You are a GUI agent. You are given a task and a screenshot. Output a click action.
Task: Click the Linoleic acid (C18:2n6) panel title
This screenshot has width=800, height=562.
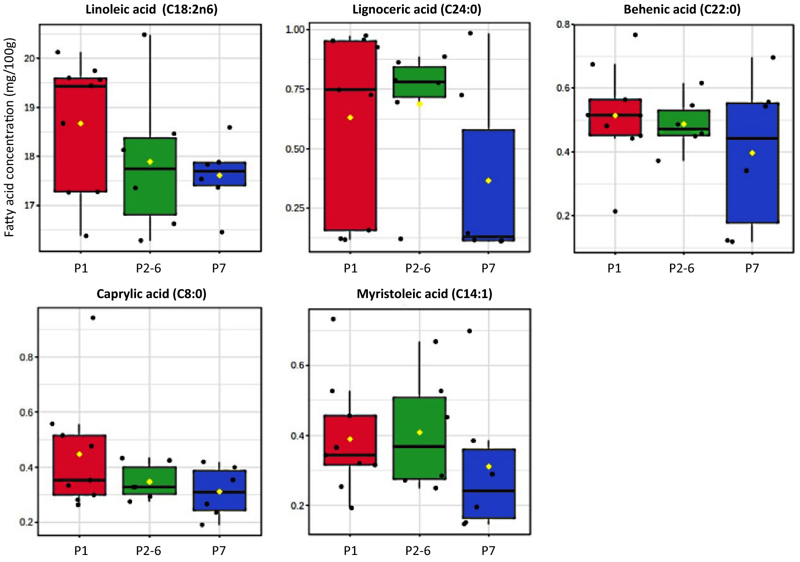152,10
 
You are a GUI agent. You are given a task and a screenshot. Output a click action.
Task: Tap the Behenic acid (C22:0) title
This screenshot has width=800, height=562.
682,10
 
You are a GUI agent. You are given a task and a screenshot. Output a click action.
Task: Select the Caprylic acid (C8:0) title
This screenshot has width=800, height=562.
151,294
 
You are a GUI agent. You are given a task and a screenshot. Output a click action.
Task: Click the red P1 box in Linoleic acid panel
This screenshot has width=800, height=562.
80,151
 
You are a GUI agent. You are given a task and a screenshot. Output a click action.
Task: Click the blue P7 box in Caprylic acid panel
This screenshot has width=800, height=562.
219,502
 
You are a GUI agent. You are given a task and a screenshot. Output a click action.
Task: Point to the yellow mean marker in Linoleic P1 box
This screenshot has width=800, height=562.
80,123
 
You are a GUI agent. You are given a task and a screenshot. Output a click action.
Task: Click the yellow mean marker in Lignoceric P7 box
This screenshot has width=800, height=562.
488,181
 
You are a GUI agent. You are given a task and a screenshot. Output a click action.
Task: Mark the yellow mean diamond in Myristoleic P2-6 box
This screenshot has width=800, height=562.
420,433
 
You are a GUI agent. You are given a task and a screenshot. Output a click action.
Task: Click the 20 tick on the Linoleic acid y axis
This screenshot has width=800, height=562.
30,58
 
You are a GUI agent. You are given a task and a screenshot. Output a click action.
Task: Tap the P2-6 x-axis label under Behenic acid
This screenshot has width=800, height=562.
681,268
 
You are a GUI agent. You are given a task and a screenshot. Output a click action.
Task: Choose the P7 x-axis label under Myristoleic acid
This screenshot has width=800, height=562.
488,551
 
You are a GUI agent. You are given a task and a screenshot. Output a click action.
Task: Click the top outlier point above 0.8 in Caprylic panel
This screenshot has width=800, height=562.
93,318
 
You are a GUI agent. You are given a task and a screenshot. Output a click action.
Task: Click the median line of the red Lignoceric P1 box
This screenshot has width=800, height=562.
350,90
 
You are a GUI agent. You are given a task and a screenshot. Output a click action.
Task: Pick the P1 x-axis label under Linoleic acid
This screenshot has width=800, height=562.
81,268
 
